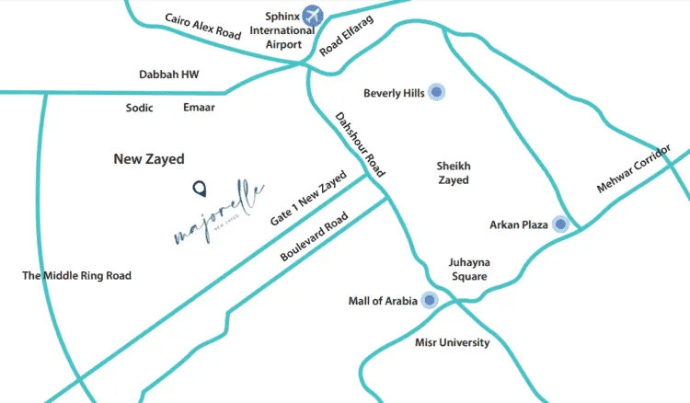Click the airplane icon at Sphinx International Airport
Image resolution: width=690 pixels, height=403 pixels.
tap(314, 16)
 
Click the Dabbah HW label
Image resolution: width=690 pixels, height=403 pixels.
tap(168, 75)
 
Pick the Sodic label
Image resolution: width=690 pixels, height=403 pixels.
tap(139, 108)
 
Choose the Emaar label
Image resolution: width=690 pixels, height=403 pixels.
tap(199, 108)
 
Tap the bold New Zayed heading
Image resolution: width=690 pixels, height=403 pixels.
tap(149, 159)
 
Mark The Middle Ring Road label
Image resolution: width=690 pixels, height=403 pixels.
tap(76, 276)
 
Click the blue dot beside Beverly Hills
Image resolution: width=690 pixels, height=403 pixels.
tap(437, 92)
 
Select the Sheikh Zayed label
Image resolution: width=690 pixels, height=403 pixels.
tap(453, 173)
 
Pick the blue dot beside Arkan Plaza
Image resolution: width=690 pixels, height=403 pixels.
tap(560, 225)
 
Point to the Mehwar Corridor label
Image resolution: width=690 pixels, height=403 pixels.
tap(635, 168)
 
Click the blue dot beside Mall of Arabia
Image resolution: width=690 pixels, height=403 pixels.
tap(429, 301)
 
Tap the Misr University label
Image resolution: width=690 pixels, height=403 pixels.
tap(452, 343)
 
